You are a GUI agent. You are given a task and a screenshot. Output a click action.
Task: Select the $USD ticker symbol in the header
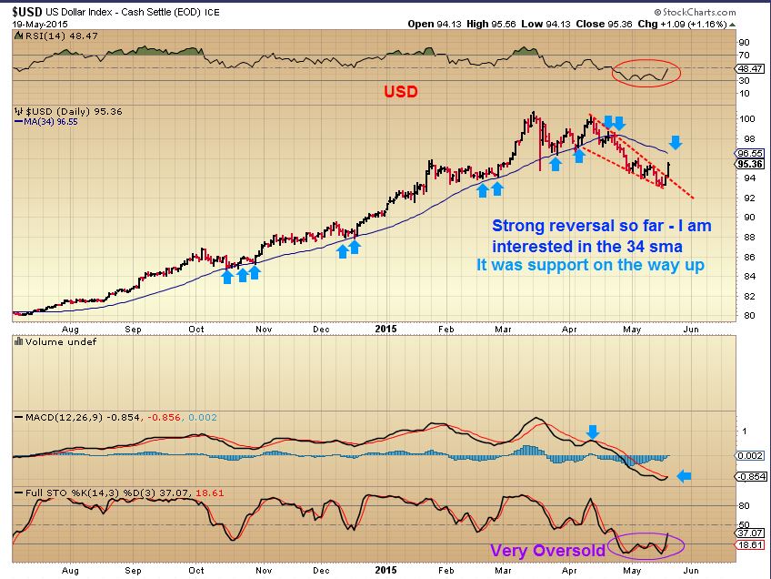27,9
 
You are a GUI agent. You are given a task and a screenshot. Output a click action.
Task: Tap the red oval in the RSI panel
646,72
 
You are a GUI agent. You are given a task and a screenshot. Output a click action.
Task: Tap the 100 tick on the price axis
744,118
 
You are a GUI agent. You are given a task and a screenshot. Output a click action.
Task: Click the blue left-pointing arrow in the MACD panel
686,475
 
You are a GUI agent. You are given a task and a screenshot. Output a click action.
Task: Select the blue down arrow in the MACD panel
593,432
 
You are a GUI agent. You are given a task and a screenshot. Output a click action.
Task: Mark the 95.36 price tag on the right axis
749,165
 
